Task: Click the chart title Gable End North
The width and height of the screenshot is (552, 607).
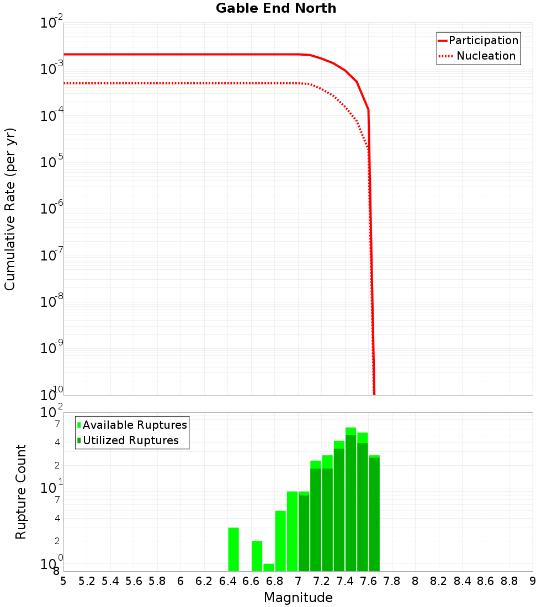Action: (x=275, y=8)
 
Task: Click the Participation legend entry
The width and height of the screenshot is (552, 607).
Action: (x=483, y=40)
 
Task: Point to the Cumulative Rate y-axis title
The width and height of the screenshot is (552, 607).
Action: (x=10, y=209)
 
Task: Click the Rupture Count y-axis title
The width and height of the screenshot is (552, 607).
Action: (x=21, y=492)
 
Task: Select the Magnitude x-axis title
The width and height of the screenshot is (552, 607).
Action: (x=298, y=598)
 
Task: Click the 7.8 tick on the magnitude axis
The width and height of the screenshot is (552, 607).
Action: (x=392, y=581)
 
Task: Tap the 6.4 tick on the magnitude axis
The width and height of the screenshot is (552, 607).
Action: (x=227, y=581)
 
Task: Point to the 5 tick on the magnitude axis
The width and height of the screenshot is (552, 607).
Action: (x=63, y=581)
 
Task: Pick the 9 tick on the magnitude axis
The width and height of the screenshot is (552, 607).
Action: (x=533, y=581)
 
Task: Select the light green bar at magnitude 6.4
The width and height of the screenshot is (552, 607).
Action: (x=233, y=549)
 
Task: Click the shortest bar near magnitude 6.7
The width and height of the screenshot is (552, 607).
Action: (x=269, y=567)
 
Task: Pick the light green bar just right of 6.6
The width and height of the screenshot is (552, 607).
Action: (x=257, y=556)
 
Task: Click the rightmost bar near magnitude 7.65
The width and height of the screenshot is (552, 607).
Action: (x=374, y=513)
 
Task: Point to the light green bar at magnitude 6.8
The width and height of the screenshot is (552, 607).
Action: (x=280, y=541)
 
